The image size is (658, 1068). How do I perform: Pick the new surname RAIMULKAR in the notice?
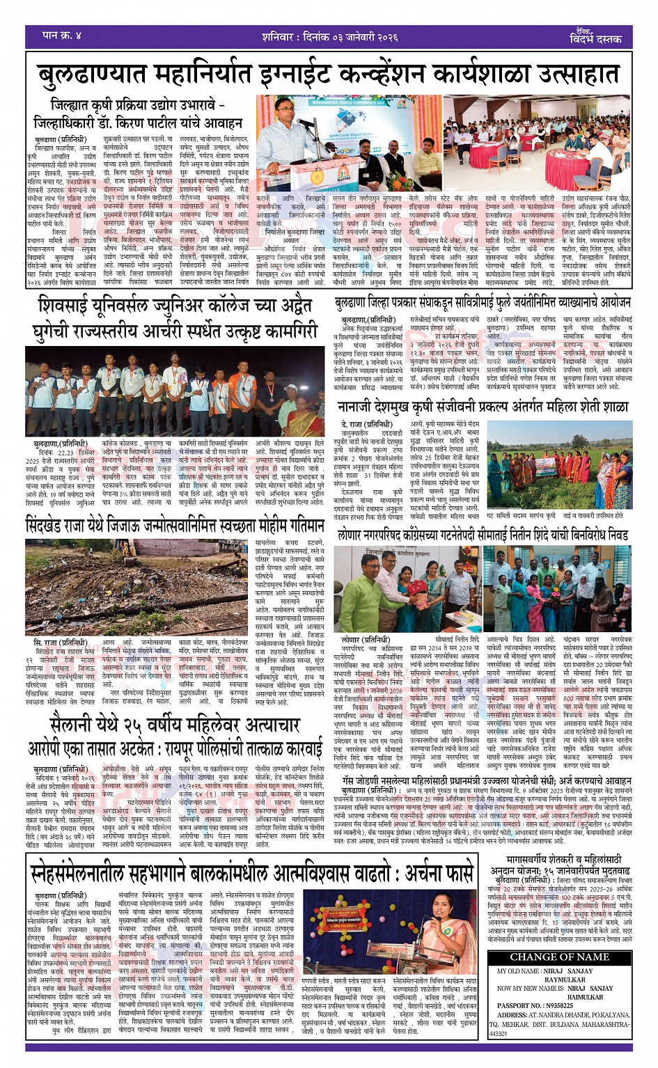point(586,997)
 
